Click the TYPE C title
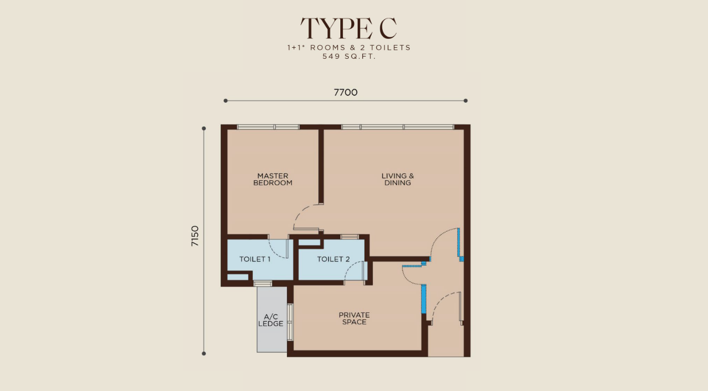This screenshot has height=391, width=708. pos(348,28)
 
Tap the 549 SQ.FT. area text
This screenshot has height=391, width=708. pos(349,57)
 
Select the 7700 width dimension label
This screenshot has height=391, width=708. pos(346,93)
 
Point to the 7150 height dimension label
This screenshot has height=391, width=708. pos(195,236)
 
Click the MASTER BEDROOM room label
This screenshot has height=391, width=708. pos(273,179)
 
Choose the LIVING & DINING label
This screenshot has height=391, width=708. pos(398,179)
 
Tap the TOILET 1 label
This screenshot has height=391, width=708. pos(255,259)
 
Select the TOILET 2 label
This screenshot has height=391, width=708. pos(334,259)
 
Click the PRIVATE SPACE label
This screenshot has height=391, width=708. pos(355,318)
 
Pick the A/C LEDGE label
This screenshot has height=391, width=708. pos(271,320)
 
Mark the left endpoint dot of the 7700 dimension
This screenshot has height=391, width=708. pos(226,101)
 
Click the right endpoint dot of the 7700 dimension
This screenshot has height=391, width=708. pos(466,101)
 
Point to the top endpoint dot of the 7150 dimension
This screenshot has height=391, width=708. pos(204,128)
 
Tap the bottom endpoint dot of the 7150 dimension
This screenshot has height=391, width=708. pos(204,353)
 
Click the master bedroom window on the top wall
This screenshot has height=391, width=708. pos(268,127)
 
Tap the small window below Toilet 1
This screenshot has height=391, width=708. pos(263,284)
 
